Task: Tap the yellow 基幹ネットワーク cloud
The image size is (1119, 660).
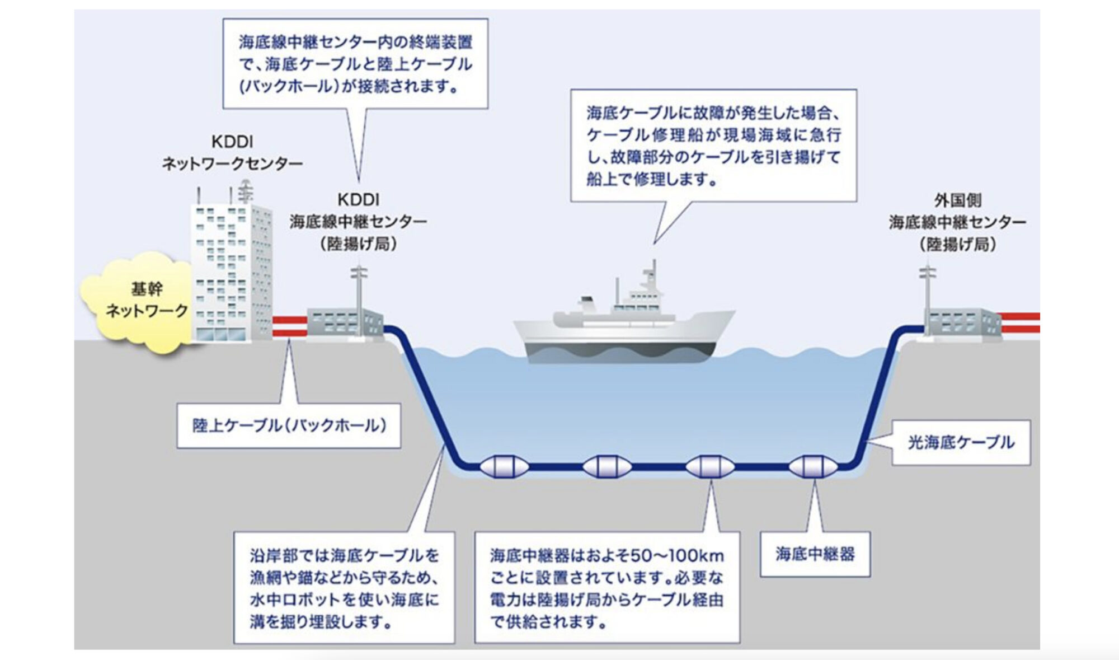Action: (x=137, y=302)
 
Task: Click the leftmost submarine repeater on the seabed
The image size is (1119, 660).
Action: (x=504, y=466)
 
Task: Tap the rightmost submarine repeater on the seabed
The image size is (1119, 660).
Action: (x=812, y=466)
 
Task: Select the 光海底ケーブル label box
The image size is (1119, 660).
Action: (x=961, y=442)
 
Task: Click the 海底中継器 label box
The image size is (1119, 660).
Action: (x=815, y=554)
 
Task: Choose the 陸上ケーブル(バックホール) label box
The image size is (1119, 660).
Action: (x=289, y=425)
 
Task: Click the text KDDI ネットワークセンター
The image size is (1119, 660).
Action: (x=232, y=152)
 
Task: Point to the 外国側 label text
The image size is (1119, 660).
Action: (x=957, y=200)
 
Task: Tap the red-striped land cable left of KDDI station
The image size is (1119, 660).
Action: (x=289, y=326)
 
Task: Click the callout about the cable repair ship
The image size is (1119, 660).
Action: (x=713, y=146)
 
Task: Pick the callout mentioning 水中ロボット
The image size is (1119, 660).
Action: (x=344, y=588)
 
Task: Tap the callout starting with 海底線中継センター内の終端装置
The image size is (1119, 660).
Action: (x=355, y=64)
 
